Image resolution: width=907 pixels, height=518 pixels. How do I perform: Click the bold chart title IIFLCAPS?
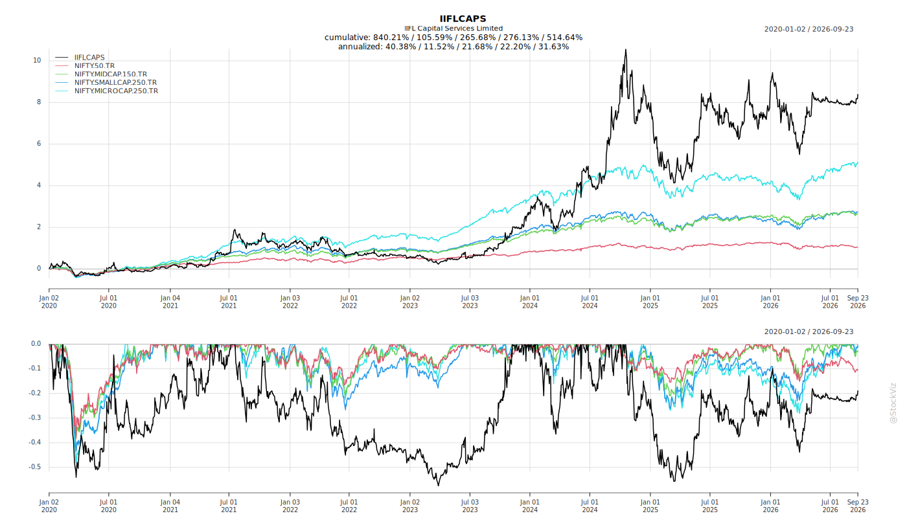pyautogui.click(x=463, y=19)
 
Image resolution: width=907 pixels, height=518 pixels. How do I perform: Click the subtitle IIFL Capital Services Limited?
pyautogui.click(x=454, y=28)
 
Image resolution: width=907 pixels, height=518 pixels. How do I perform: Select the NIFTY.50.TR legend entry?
pyautogui.click(x=95, y=65)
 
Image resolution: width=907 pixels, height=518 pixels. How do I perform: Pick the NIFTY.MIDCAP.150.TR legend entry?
pyautogui.click(x=111, y=74)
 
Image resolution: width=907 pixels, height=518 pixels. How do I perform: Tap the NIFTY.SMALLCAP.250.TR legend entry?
pyautogui.click(x=115, y=83)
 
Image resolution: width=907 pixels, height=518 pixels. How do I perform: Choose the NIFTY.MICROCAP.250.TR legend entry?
pyautogui.click(x=116, y=91)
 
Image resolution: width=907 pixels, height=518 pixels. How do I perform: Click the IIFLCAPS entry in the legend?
pyautogui.click(x=89, y=58)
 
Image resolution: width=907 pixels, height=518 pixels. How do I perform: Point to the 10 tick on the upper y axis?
pyautogui.click(x=37, y=60)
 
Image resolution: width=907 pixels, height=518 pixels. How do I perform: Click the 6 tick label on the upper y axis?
pyautogui.click(x=39, y=144)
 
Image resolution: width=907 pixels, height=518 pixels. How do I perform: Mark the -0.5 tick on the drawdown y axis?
pyautogui.click(x=34, y=467)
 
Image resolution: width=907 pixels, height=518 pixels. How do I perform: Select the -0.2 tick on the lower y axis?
pyautogui.click(x=34, y=393)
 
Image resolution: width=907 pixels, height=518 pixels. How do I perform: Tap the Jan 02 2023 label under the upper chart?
pyautogui.click(x=409, y=302)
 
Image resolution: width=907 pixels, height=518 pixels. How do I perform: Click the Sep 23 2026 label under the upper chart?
pyautogui.click(x=858, y=302)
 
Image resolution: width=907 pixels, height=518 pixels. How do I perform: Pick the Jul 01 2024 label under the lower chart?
pyautogui.click(x=590, y=506)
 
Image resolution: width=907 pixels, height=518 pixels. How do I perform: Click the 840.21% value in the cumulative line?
pyautogui.click(x=389, y=38)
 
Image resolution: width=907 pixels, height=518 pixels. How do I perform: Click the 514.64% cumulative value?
pyautogui.click(x=565, y=38)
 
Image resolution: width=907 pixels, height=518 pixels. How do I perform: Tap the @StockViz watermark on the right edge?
pyautogui.click(x=893, y=403)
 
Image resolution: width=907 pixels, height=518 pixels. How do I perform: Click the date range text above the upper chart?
pyautogui.click(x=809, y=29)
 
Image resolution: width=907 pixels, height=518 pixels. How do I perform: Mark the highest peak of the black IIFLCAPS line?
pyautogui.click(x=626, y=50)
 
